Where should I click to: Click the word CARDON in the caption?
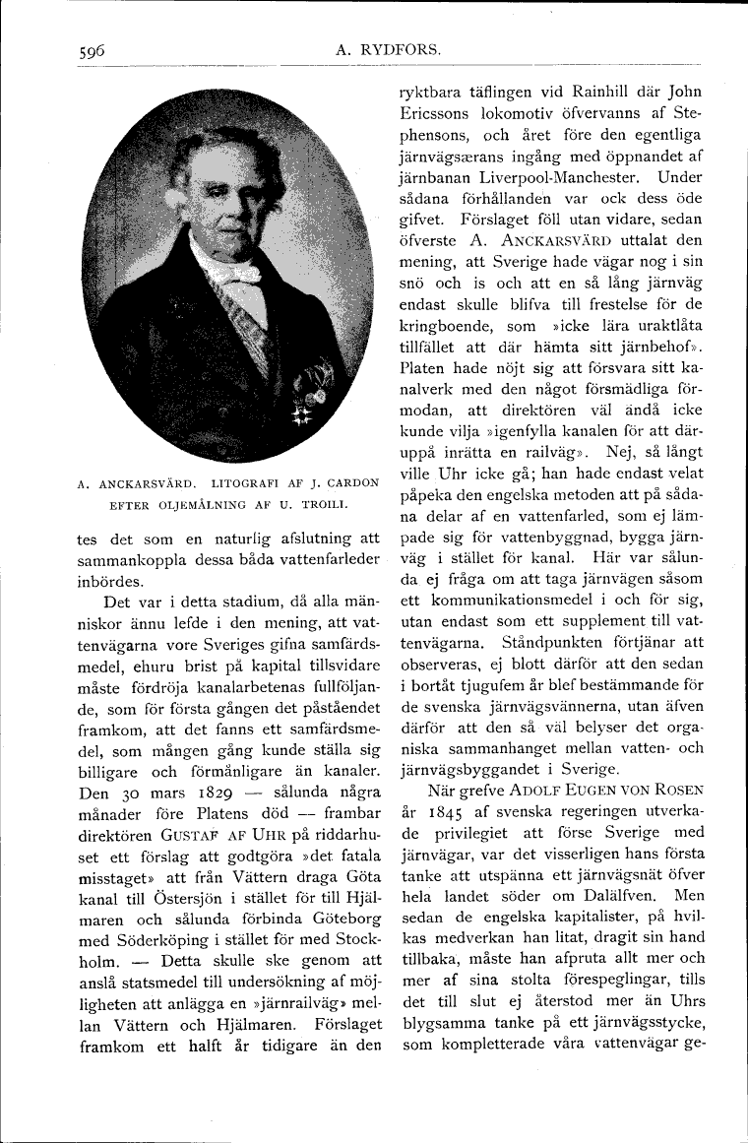click(351, 483)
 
